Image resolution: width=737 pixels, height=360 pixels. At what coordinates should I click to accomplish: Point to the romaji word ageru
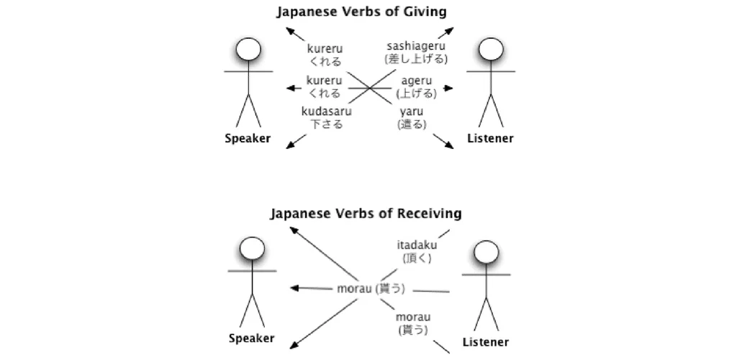pos(417,81)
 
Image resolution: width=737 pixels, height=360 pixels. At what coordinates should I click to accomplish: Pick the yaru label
pos(412,112)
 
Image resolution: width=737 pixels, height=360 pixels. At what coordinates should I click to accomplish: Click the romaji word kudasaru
pos(326,112)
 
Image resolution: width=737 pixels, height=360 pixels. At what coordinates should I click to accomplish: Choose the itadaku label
pos(417,245)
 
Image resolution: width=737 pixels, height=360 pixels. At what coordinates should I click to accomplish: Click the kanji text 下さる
pos(326,124)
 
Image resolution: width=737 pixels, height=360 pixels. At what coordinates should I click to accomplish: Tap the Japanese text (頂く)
pos(417,258)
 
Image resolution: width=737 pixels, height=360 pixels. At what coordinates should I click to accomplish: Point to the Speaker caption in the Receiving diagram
pos(251,338)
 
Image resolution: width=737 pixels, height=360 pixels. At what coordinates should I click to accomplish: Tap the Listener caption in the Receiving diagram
pos(486,342)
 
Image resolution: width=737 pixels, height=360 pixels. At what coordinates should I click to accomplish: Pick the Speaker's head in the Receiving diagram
pos(252,248)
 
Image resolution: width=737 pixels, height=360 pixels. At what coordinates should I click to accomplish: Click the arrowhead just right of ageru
pos(449,89)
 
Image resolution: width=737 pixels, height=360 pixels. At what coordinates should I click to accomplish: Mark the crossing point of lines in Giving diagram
pos(371,89)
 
